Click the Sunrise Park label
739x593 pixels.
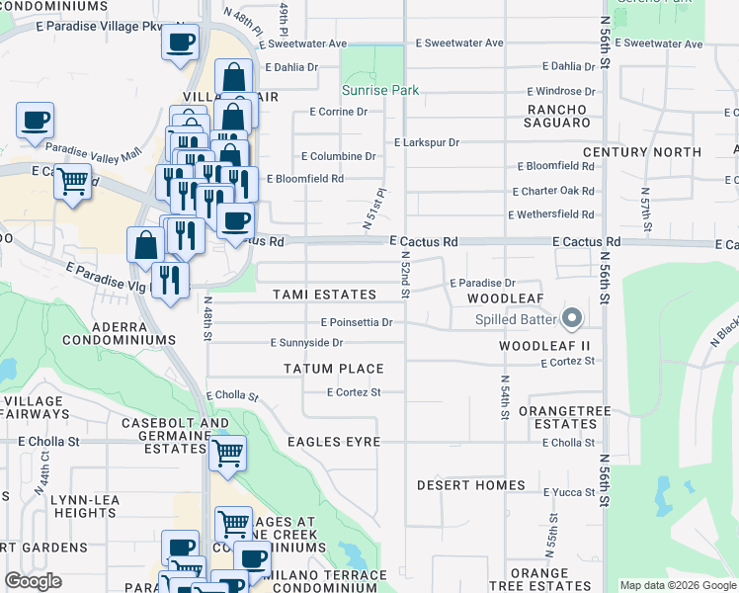(380, 90)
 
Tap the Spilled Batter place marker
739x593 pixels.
(571, 318)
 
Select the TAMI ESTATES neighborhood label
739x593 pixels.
(324, 295)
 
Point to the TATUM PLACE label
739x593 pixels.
(333, 369)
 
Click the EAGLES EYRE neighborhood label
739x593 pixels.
(333, 441)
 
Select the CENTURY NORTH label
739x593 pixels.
(642, 152)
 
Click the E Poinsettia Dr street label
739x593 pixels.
(357, 322)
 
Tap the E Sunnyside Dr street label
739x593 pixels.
(306, 343)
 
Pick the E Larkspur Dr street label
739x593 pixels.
(427, 142)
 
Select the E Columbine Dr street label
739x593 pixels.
(338, 156)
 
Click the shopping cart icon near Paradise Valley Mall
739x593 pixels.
(72, 182)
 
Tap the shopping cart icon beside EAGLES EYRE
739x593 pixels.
(228, 453)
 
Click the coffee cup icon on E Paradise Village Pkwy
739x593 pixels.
(180, 42)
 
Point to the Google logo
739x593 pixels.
(33, 581)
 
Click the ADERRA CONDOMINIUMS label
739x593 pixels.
(119, 332)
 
